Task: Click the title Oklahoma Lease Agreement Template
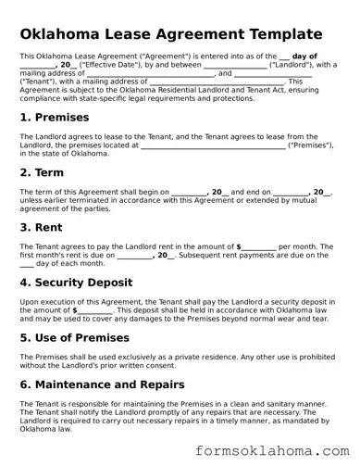pyautogui.click(x=177, y=34)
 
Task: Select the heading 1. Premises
pyautogui.click(x=55, y=118)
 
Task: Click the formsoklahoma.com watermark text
pyautogui.click(x=270, y=451)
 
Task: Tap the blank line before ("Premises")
pyautogui.click(x=213, y=145)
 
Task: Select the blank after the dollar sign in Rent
pyautogui.click(x=259, y=246)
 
